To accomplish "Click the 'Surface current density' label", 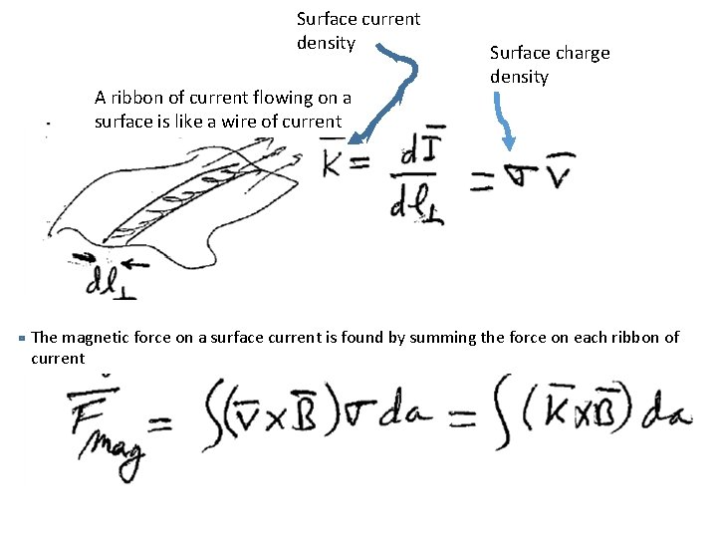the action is point(358,30).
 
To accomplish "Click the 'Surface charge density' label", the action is point(549,65).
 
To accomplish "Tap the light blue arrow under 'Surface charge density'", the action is point(503,125).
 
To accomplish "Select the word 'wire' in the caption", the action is point(238,123).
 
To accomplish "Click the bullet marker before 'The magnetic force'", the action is point(22,338).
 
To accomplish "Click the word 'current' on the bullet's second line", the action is point(58,359).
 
